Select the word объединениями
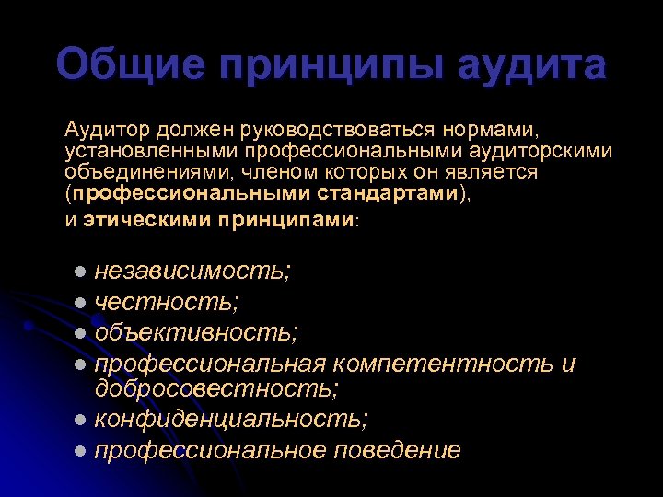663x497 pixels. click(x=129, y=173)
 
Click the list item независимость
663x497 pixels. click(x=193, y=272)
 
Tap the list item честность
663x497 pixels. click(x=168, y=301)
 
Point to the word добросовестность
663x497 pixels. click(x=216, y=388)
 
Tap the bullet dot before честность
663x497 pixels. click(x=81, y=302)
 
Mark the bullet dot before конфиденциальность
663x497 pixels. click(x=81, y=420)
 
